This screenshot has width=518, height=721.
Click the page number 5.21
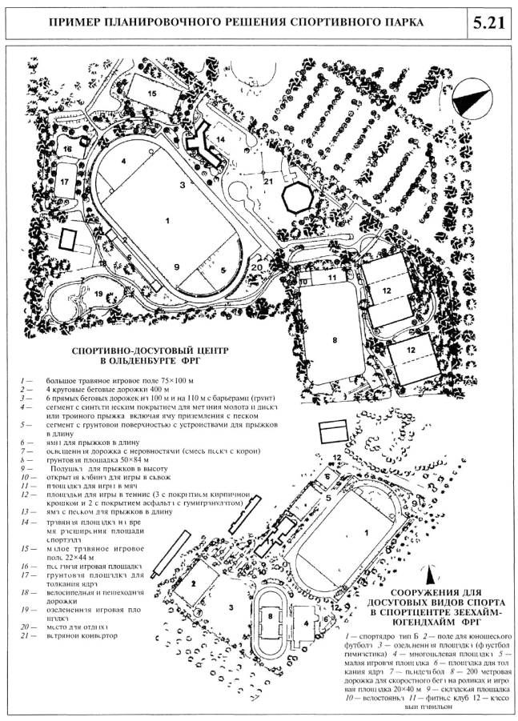(488, 21)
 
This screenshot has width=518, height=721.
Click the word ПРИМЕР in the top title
(78, 21)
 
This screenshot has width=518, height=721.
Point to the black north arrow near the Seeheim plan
(431, 574)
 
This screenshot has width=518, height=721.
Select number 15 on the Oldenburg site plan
(151, 94)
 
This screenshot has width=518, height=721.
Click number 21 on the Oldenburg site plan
(269, 182)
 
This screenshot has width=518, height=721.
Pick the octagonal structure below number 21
(298, 197)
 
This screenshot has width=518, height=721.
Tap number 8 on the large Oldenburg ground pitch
(327, 339)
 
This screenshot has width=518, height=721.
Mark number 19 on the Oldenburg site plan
(99, 293)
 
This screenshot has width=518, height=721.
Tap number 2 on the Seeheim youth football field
(193, 583)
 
